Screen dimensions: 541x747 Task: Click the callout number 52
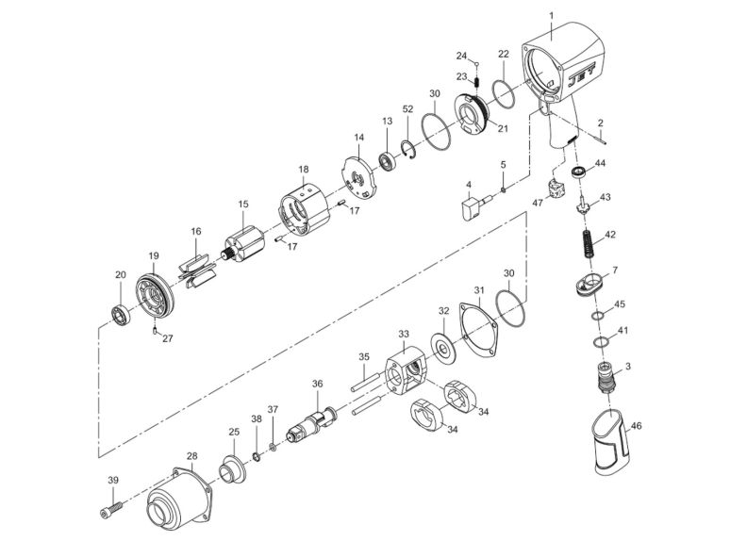coord(407,109)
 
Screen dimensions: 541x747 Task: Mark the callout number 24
coord(462,56)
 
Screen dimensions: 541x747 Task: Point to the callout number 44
coord(625,163)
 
